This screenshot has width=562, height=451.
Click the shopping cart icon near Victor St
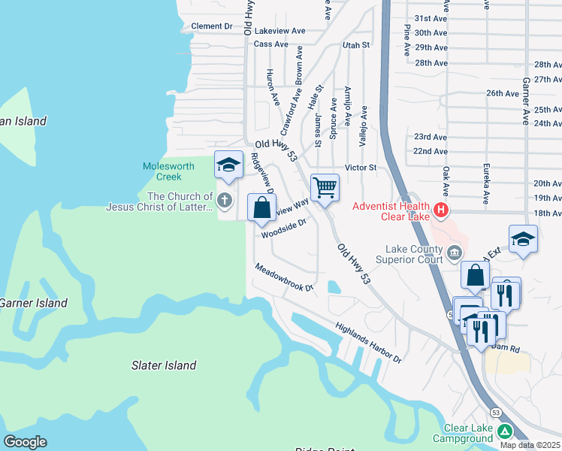[325, 186]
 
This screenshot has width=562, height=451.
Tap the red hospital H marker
[442, 211]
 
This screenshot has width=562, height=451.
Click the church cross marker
[224, 201]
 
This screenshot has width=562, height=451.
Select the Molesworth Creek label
[168, 171]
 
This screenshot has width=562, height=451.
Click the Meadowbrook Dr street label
[283, 277]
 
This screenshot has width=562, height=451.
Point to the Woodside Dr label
[284, 229]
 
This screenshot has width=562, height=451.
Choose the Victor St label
[360, 167]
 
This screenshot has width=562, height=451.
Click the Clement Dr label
[212, 26]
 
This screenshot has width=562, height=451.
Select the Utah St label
[356, 45]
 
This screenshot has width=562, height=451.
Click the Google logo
[24, 442]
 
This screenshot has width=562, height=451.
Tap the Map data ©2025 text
[530, 445]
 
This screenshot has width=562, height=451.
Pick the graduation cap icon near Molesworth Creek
[228, 165]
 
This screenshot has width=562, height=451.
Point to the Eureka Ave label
[487, 187]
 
